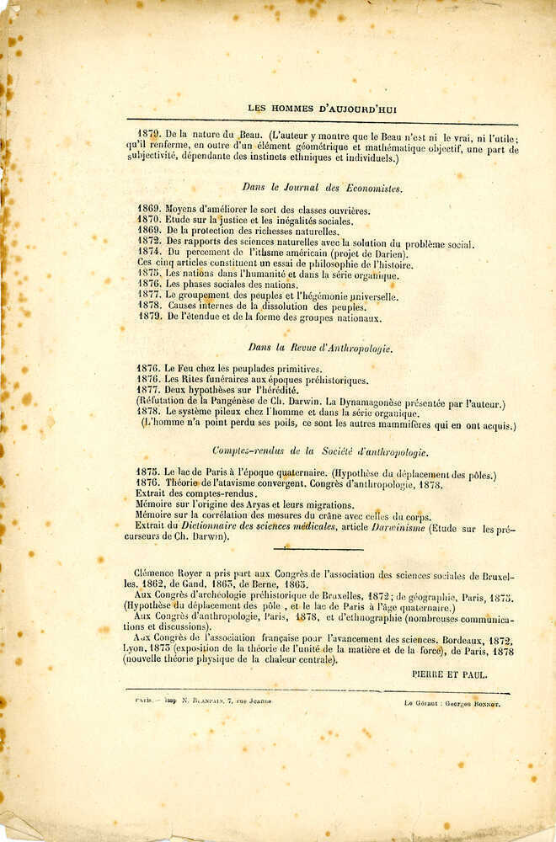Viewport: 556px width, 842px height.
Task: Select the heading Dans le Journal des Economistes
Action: [322, 189]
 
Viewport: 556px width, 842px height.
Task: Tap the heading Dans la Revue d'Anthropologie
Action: [320, 347]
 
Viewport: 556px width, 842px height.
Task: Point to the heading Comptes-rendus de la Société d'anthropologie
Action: [319, 450]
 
